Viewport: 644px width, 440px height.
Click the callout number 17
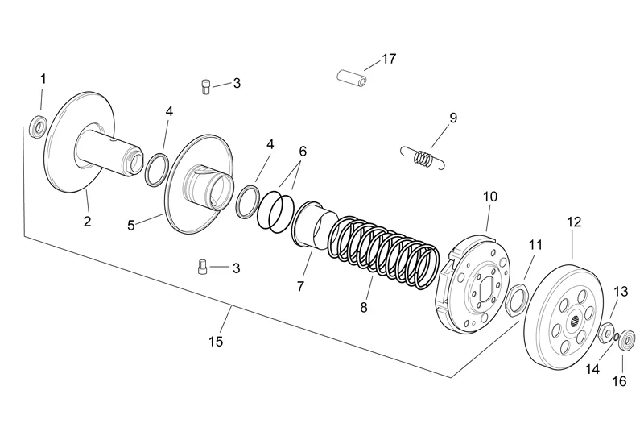389,59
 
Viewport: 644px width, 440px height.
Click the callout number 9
453,118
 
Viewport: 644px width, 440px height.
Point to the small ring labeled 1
37,127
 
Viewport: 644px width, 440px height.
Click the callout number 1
43,79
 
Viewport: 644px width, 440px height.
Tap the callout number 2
87,221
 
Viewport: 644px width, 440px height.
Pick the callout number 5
131,226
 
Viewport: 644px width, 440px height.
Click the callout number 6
303,151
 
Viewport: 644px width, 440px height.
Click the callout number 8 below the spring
364,307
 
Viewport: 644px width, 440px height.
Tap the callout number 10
490,196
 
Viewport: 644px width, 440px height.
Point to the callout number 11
536,244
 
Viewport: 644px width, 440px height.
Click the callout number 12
573,221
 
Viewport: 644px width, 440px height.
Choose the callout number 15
215,341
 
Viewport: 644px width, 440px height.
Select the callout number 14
592,370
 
